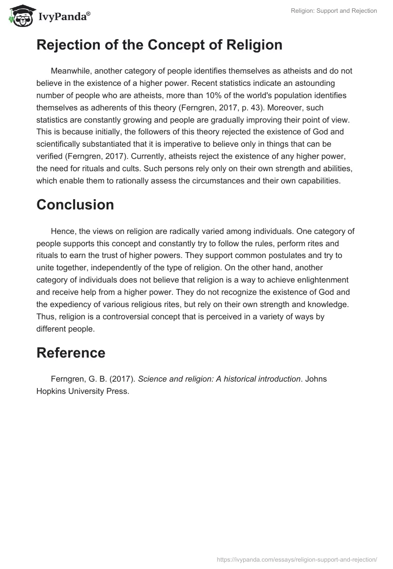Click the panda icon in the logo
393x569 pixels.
click(19, 16)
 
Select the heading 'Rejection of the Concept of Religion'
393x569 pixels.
click(159, 45)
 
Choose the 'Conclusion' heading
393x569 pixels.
click(75, 205)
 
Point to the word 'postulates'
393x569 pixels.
click(199, 256)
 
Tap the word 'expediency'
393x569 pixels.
click(77, 305)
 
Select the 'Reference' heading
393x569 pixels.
click(71, 353)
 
